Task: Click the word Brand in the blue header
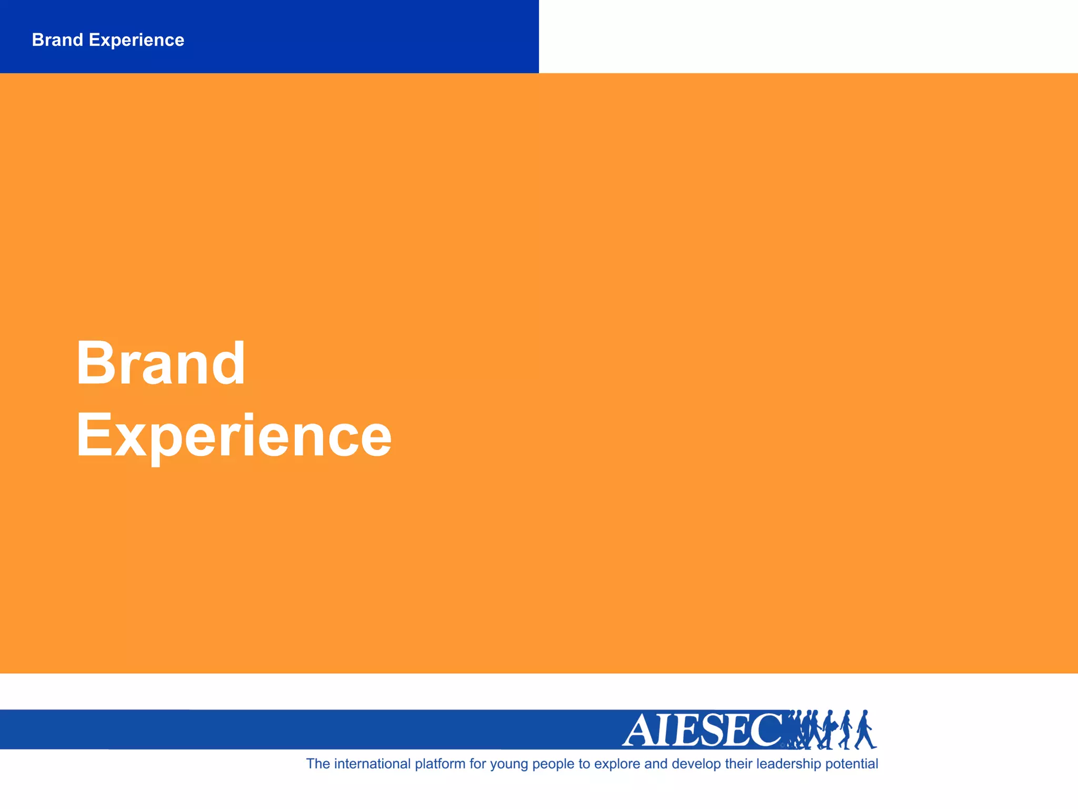point(57,40)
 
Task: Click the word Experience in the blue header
point(136,41)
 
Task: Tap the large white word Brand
point(161,363)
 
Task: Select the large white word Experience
point(234,436)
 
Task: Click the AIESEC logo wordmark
point(703,730)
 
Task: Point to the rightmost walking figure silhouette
point(864,729)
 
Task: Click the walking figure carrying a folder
point(829,729)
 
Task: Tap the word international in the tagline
point(372,764)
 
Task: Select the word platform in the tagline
point(440,764)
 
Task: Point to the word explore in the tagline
point(617,764)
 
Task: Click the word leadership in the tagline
point(788,764)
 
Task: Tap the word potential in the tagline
point(852,764)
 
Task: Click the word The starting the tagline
point(318,764)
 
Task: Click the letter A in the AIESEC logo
point(639,731)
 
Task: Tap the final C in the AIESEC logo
point(766,730)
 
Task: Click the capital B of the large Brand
point(95,363)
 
